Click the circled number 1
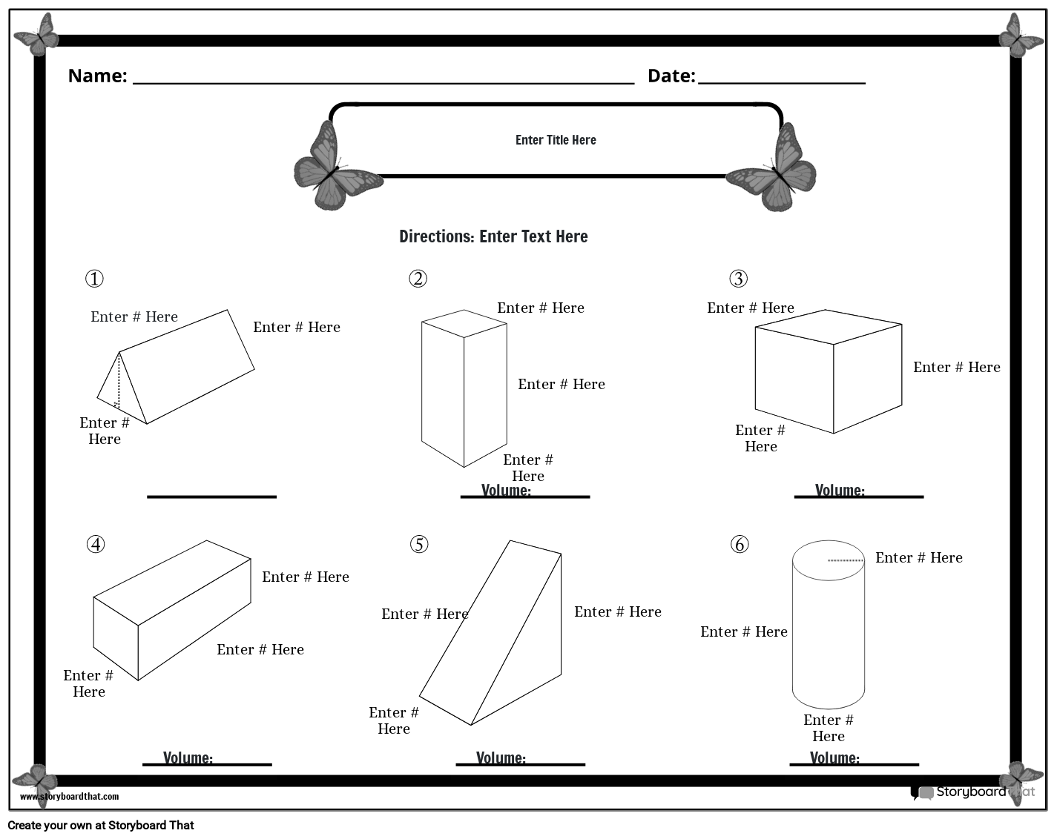click(x=94, y=279)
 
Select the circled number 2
click(x=418, y=279)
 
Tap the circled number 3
click(x=738, y=279)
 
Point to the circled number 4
click(x=96, y=545)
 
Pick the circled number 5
click(x=419, y=545)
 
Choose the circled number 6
click(x=740, y=545)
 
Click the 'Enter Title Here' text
click(x=556, y=140)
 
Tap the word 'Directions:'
click(x=436, y=236)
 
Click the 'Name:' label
click(x=97, y=76)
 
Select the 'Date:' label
click(x=671, y=76)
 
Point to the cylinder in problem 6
click(x=828, y=626)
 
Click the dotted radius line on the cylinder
click(x=846, y=560)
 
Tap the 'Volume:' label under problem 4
click(x=188, y=757)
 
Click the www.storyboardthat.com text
click(x=69, y=797)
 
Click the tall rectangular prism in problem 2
click(x=464, y=389)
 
